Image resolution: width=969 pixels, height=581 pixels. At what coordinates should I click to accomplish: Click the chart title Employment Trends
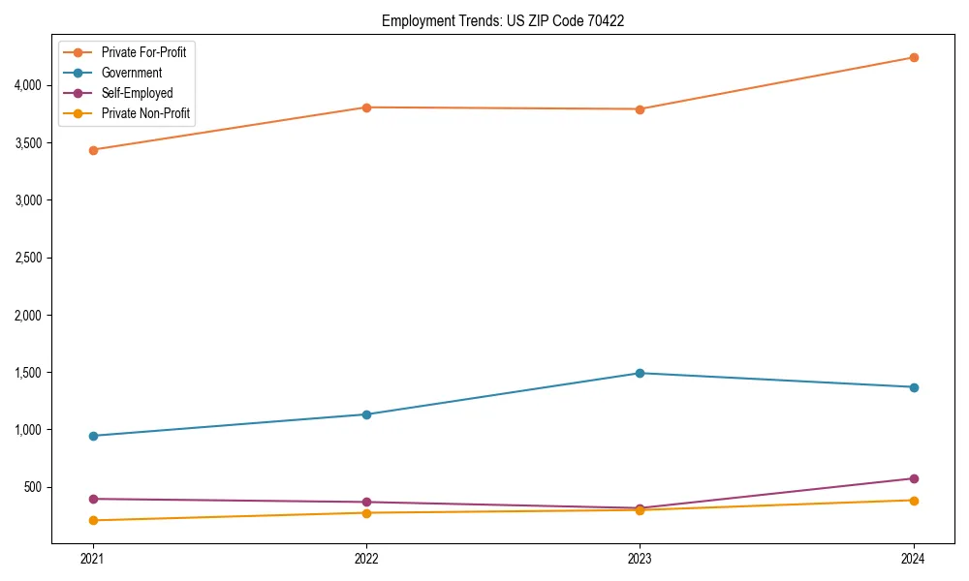(503, 20)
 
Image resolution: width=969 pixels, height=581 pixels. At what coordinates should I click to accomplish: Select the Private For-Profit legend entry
(143, 52)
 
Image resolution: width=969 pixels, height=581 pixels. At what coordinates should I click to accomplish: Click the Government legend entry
(132, 73)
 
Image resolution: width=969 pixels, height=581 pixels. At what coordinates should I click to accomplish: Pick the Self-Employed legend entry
(137, 93)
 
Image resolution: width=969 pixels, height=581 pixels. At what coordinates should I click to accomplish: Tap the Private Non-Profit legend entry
(145, 113)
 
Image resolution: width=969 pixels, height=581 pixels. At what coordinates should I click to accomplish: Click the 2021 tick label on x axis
(93, 559)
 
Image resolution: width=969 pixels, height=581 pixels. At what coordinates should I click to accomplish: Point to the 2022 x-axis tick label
(366, 559)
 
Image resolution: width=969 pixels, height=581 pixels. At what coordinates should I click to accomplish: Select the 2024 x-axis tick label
(914, 559)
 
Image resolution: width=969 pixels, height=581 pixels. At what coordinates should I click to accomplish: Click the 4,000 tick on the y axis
(27, 85)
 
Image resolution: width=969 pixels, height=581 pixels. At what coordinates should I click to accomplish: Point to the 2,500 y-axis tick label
(27, 258)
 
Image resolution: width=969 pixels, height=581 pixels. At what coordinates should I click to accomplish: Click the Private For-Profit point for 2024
(914, 57)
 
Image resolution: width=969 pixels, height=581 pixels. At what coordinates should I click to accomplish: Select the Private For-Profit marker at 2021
(93, 150)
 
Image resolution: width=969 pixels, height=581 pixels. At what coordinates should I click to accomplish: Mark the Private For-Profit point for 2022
(366, 107)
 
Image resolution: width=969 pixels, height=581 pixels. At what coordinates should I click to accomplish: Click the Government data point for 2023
(640, 373)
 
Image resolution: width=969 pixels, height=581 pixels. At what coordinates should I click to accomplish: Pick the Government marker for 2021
(93, 436)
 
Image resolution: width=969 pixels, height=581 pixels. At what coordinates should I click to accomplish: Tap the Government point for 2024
(914, 387)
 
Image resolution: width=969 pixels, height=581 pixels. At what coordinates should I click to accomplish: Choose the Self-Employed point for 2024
(914, 478)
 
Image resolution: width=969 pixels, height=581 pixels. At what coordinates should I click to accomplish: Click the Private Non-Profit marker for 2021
(93, 520)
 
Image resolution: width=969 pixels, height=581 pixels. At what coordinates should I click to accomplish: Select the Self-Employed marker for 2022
(366, 502)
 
